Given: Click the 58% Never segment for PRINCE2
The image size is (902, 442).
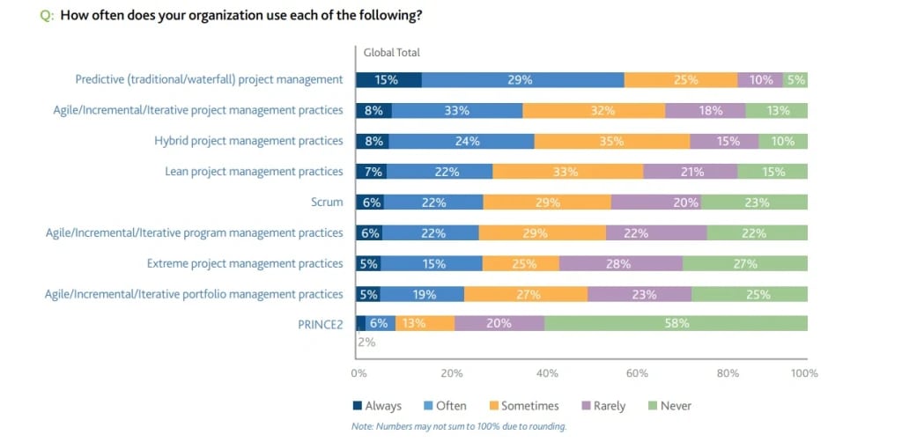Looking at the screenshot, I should (x=676, y=323).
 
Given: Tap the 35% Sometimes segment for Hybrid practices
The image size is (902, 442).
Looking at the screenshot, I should (x=612, y=141).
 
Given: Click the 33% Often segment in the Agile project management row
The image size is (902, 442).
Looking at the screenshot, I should (x=457, y=110).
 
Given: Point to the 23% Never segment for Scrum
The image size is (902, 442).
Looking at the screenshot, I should (x=755, y=202).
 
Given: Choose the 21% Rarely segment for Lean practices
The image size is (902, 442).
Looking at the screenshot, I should (x=691, y=172).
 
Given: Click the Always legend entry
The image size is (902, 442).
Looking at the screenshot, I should (x=376, y=406).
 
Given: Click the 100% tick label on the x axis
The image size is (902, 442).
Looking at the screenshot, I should (x=803, y=373).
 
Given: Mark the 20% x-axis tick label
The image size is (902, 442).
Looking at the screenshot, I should (x=452, y=373).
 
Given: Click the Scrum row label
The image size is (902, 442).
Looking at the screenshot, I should (x=327, y=202).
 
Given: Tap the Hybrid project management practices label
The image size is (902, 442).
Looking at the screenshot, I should (x=248, y=141).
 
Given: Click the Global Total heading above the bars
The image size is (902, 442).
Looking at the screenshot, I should (x=391, y=52).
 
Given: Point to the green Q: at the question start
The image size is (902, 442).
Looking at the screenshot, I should (x=48, y=15).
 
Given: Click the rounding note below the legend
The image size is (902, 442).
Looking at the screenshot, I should (x=458, y=426).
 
